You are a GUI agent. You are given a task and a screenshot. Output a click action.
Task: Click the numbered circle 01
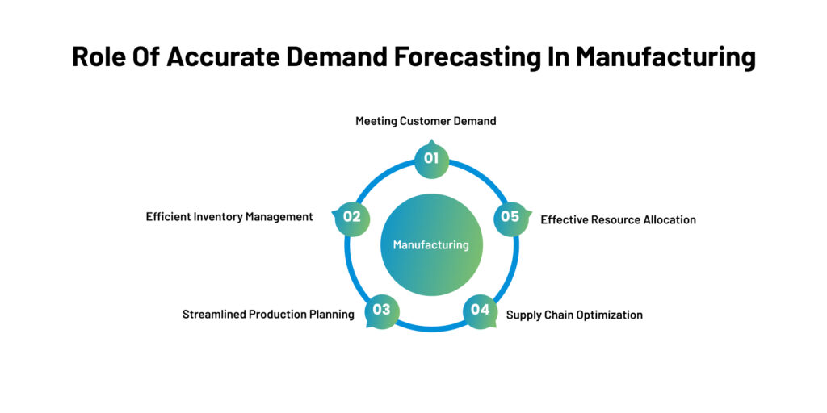pos(431,158)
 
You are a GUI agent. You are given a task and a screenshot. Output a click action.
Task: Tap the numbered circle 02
pos(352,217)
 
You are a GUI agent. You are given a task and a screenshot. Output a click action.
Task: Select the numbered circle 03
pos(382,310)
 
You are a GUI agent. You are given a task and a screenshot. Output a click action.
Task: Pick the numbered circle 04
pos(480,310)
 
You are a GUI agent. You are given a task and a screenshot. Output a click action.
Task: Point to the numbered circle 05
pos(510,217)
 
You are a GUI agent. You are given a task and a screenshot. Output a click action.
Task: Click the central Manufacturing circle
pos(431,245)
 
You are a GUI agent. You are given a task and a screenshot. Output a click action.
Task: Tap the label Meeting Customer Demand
pos(426,121)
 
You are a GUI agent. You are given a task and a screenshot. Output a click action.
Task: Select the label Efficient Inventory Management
pos(229,217)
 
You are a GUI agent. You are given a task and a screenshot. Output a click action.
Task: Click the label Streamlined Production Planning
pos(268,315)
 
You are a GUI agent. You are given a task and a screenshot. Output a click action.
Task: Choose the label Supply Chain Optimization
pos(574,315)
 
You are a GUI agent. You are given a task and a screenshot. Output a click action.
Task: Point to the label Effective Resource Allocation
pos(618,219)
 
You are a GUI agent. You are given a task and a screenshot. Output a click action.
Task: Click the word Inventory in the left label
pos(219,217)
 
